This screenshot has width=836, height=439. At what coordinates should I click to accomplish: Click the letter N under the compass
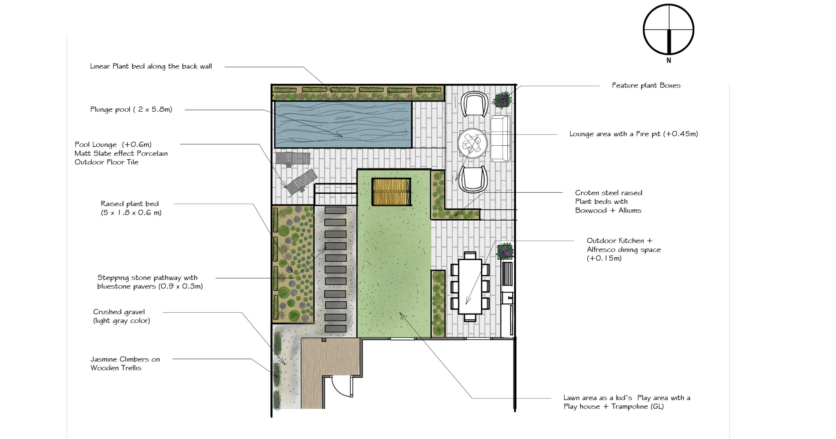[x=668, y=60]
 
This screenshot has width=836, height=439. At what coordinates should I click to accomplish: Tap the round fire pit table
[x=472, y=143]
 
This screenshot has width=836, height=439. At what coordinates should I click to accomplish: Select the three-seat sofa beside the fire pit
[x=501, y=138]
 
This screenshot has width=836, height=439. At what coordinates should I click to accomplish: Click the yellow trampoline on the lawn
[x=391, y=192]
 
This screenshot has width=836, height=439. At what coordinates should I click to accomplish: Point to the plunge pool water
[x=343, y=124]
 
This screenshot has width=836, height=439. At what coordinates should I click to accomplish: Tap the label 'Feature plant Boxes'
[x=646, y=86]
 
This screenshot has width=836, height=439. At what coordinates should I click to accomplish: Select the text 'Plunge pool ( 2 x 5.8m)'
[x=131, y=109]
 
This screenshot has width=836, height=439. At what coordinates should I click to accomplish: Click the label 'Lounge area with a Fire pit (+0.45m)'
[x=634, y=134]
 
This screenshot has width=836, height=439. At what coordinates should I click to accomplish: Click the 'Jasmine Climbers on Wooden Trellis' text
[x=125, y=364]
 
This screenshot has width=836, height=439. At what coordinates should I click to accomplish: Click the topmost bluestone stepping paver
[x=335, y=210]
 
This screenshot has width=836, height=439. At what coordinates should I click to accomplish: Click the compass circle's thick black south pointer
[x=668, y=42]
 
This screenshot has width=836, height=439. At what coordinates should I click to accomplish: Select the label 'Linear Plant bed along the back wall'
[x=151, y=66]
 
